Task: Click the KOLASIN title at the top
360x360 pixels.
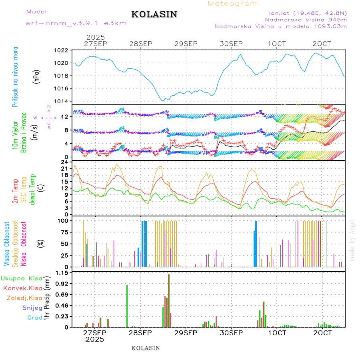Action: [154, 14]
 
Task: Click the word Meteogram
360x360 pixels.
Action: [233, 4]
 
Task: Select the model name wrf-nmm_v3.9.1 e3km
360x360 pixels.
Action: [76, 23]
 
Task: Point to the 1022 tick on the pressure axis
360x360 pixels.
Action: [62, 50]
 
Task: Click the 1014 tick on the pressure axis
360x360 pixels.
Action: [62, 101]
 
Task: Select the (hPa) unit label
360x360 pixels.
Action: [37, 76]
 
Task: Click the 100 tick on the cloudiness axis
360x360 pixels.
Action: [63, 220]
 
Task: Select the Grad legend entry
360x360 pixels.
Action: [35, 318]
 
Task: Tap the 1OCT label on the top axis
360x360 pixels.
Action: [277, 44]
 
